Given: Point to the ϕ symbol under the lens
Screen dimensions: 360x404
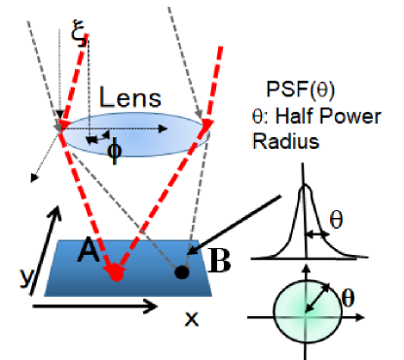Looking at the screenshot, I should pyautogui.click(x=113, y=150).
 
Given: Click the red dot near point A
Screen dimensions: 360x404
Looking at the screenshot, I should pyautogui.click(x=116, y=273).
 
